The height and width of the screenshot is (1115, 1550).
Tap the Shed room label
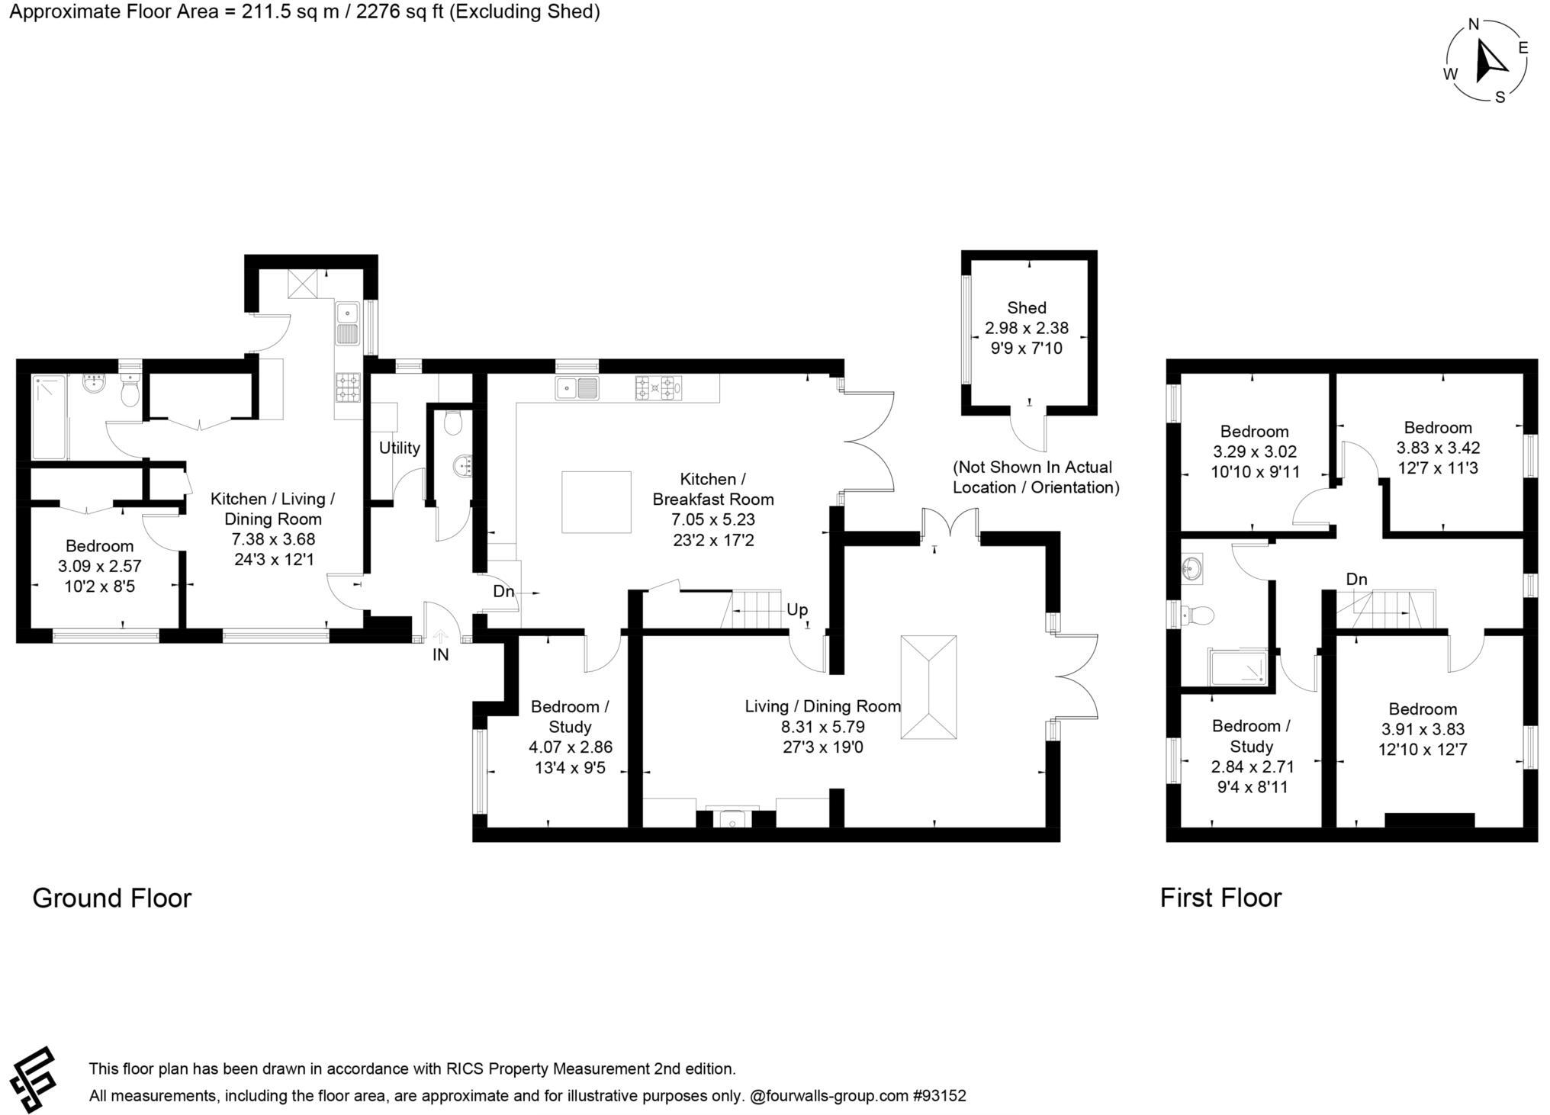[x=1026, y=307]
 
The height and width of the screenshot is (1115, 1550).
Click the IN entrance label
[x=440, y=654]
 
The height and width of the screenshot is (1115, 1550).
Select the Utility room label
[x=399, y=448]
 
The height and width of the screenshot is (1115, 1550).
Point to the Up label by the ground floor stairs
[x=796, y=609]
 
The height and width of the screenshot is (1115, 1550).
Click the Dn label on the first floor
[x=1355, y=580]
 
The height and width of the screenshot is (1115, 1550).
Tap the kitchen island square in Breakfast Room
[x=597, y=502]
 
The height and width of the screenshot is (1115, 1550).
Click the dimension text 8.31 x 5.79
[x=818, y=727]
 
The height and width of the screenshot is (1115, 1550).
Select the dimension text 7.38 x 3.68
[x=273, y=539]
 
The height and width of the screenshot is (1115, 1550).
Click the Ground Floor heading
[x=111, y=898]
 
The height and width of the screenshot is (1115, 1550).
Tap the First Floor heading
[x=1220, y=898]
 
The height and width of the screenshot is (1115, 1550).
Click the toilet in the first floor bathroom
[x=1196, y=614]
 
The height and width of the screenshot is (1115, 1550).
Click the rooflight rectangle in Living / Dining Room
[x=928, y=687]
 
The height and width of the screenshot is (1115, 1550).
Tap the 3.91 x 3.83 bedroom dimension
[x=1422, y=729]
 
